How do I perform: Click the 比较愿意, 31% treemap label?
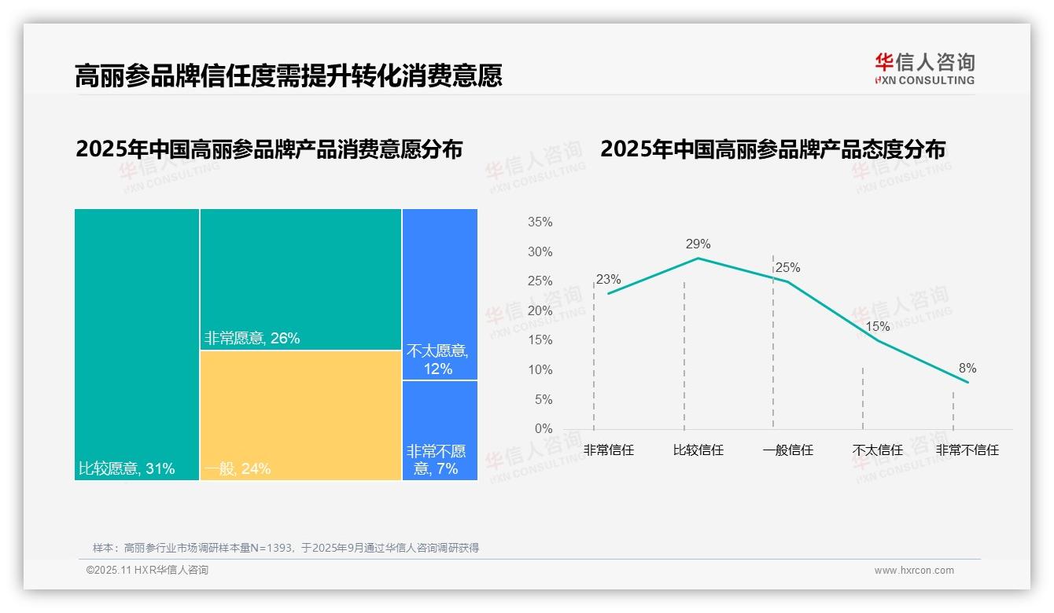(127, 469)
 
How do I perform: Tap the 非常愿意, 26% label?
(252, 339)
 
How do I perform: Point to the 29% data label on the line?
(698, 244)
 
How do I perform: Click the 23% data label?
(608, 279)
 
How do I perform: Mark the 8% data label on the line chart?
(967, 368)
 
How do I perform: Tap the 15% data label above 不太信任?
(877, 326)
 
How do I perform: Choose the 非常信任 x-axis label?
(608, 450)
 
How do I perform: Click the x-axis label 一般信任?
(787, 450)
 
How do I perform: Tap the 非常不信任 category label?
(967, 450)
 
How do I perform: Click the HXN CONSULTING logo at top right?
(924, 69)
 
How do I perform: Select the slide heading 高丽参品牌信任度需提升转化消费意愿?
(288, 75)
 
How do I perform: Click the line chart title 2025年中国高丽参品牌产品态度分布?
(772, 149)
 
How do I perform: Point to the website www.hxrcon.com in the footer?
(914, 571)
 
